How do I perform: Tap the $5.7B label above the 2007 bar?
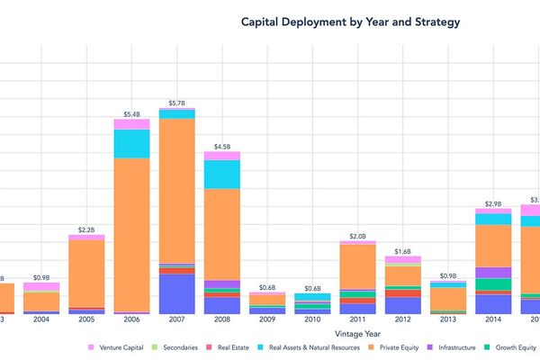click(x=176, y=103)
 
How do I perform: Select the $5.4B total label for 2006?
click(x=131, y=114)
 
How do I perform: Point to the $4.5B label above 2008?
click(x=221, y=146)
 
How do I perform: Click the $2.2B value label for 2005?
click(x=86, y=229)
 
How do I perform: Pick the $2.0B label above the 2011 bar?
click(x=357, y=236)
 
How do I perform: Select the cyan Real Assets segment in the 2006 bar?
click(x=131, y=143)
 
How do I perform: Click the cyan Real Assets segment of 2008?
click(x=221, y=174)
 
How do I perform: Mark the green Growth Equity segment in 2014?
click(x=493, y=284)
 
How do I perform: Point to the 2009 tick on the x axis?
click(x=267, y=319)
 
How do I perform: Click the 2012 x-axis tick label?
click(x=402, y=319)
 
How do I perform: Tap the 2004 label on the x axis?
click(x=41, y=319)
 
